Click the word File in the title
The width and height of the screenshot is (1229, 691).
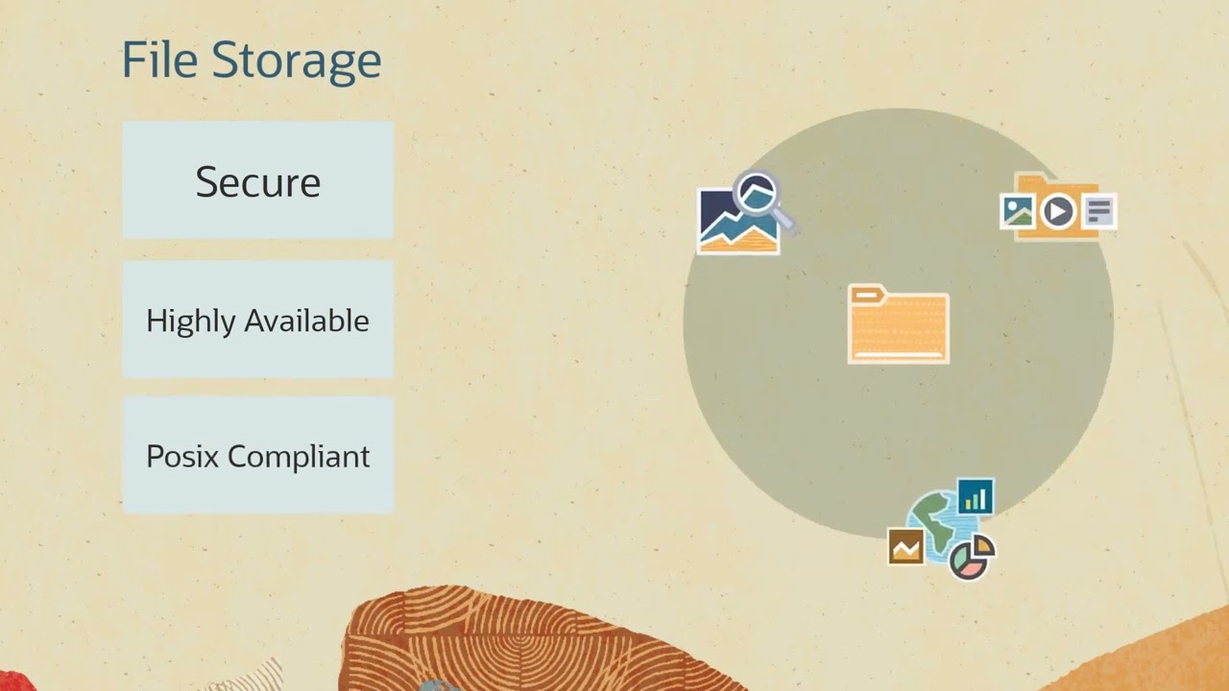(x=158, y=60)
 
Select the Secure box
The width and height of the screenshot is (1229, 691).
(x=257, y=180)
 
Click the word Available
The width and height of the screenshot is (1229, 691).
(x=306, y=320)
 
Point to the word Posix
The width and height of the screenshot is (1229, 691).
(x=181, y=456)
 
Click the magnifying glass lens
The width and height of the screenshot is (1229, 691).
(x=757, y=193)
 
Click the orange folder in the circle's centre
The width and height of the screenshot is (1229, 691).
(x=899, y=329)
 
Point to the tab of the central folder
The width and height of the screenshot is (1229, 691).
(x=866, y=295)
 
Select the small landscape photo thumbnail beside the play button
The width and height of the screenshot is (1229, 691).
(x=1017, y=210)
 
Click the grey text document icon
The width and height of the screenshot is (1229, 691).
(x=1099, y=211)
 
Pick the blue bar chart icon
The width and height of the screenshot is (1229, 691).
(x=975, y=497)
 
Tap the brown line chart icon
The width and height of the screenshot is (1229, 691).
(x=905, y=547)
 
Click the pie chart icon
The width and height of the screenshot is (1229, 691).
(x=970, y=559)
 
